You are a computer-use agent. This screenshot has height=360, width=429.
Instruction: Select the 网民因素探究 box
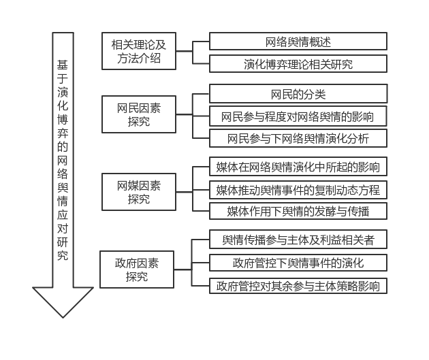[x=139, y=114]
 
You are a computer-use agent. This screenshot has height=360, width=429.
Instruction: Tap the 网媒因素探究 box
[x=139, y=192]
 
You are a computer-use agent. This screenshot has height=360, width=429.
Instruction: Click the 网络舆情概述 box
[x=298, y=42]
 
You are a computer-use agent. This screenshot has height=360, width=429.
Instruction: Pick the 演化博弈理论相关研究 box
[x=298, y=65]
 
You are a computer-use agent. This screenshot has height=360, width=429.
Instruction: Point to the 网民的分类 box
[x=298, y=93]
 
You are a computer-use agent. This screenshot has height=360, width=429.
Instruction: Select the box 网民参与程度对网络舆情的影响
[x=298, y=116]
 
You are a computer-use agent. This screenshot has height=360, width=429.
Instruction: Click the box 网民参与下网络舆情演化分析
[x=298, y=139]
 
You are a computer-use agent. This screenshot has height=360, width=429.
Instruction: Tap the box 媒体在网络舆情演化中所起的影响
[x=298, y=167]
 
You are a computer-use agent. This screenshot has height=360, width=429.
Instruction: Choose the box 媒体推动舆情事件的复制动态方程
[x=298, y=189]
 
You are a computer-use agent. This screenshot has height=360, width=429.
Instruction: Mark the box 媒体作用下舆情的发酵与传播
[x=298, y=212]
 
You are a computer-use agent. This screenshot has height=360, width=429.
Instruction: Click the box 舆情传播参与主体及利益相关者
[x=298, y=240]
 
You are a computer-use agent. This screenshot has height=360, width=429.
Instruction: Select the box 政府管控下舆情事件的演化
[x=298, y=263]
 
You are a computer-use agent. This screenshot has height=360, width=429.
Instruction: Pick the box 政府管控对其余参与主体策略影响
[x=298, y=285]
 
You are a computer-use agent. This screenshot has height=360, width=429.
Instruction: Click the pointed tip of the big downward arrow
[x=63, y=316]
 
